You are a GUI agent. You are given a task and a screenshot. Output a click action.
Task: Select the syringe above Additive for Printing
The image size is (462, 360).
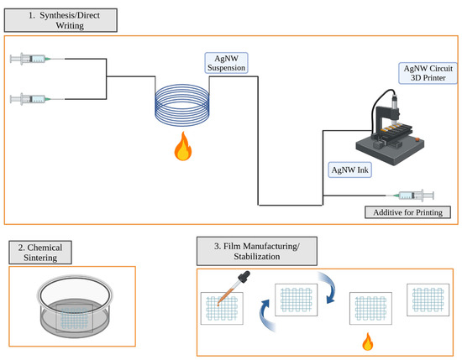[410, 196]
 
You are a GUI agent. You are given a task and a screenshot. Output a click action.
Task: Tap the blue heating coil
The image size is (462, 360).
[182, 105]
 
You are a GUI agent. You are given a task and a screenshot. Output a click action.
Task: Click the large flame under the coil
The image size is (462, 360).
[182, 146]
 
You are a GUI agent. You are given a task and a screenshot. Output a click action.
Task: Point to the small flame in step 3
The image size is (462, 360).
[367, 342]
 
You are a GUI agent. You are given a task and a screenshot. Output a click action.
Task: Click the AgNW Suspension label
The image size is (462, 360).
[226, 63]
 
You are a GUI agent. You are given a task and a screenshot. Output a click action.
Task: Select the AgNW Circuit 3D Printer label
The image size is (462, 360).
[428, 73]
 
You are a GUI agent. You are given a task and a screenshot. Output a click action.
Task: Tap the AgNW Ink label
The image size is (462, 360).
[349, 170]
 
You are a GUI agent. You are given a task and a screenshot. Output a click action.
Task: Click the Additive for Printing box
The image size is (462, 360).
[407, 212]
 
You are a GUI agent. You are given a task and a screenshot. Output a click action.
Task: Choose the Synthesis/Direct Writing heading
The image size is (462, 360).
[60, 20]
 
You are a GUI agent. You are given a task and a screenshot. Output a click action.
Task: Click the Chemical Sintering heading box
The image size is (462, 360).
[40, 253]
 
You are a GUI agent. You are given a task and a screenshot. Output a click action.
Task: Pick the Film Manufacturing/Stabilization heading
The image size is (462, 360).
[257, 251]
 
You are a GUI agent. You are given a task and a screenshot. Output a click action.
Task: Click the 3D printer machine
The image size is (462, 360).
[390, 128]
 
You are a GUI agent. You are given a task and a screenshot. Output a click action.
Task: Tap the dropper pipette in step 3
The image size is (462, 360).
[234, 288]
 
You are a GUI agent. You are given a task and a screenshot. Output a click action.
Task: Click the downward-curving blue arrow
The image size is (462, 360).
[331, 287]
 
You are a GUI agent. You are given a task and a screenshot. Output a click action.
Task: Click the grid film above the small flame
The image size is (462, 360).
[370, 309]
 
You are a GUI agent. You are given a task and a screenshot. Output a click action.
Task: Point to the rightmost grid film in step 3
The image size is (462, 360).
[428, 300]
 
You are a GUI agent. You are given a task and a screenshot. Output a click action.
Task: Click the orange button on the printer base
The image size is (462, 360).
[417, 139]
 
